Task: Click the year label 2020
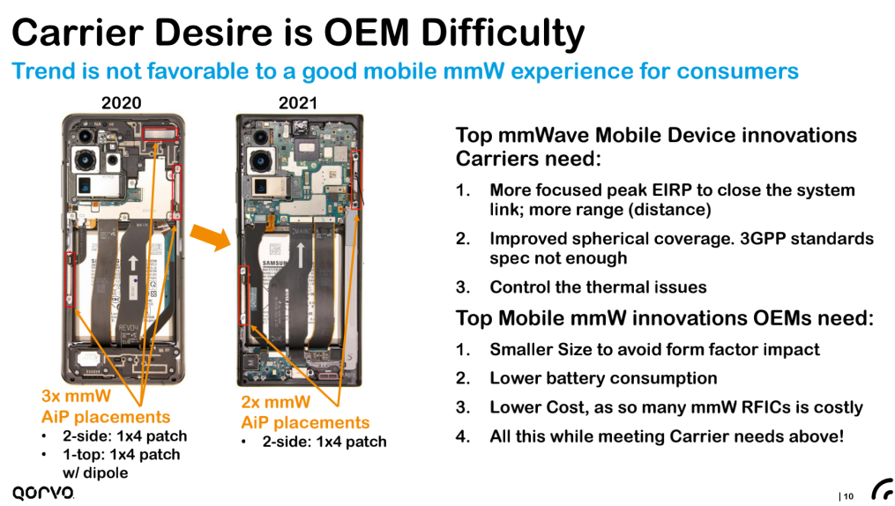tap(121, 102)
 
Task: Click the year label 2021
tap(297, 102)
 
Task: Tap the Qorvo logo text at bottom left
tap(43, 492)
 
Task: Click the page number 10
tap(848, 496)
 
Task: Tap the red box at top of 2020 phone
tap(160, 134)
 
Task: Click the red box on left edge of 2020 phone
tap(70, 279)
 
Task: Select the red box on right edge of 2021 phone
tap(356, 180)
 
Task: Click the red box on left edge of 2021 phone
tap(243, 295)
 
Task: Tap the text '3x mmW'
tap(76, 396)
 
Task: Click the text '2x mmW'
tap(276, 402)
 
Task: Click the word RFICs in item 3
tap(766, 407)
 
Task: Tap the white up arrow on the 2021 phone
tap(301, 255)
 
